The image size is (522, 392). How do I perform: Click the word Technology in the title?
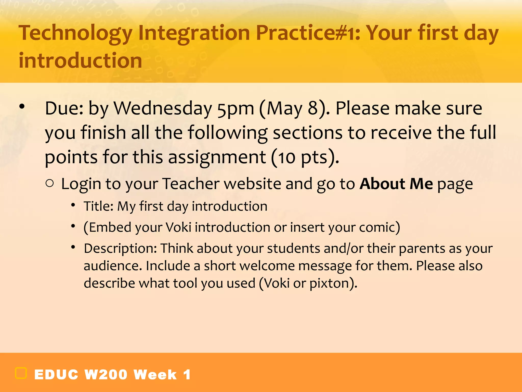75,33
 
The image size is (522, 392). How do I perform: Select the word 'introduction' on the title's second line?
80,60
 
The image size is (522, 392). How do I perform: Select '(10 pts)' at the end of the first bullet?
305,157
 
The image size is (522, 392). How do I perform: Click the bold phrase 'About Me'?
396,184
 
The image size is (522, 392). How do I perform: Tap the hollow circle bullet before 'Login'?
50,183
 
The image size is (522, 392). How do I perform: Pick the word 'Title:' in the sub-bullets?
98,206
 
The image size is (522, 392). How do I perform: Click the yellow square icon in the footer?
21,373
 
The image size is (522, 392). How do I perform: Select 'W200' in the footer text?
106,375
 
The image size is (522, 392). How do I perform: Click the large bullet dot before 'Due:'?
22,106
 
